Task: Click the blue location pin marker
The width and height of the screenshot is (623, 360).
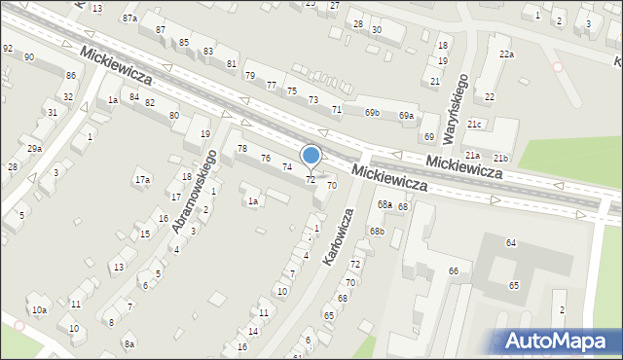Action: coord(311,156)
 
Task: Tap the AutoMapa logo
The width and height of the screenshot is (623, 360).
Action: coord(556,341)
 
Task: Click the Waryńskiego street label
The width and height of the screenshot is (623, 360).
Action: coord(458,104)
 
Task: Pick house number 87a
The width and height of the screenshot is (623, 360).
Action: coord(130,18)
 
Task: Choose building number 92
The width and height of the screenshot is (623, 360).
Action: coord(8,48)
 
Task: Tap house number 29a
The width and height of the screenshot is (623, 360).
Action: coord(34,148)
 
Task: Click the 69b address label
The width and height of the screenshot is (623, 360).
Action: coord(372,113)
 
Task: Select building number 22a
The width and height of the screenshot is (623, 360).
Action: coord(506,54)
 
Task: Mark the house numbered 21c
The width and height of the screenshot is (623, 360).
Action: coord(475,125)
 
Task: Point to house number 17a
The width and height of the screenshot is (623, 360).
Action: coord(142,179)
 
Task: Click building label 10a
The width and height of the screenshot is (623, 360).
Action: coord(39,310)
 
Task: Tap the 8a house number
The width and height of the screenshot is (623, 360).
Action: coord(129,344)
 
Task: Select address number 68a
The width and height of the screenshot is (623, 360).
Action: coord(385,205)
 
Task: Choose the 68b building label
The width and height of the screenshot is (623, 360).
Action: coord(377,231)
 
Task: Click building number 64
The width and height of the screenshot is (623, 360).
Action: coord(511,241)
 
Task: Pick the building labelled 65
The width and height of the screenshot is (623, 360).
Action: coord(514,286)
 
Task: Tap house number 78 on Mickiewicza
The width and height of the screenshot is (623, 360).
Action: coord(242,148)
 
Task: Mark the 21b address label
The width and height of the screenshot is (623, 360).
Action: coord(500,158)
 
